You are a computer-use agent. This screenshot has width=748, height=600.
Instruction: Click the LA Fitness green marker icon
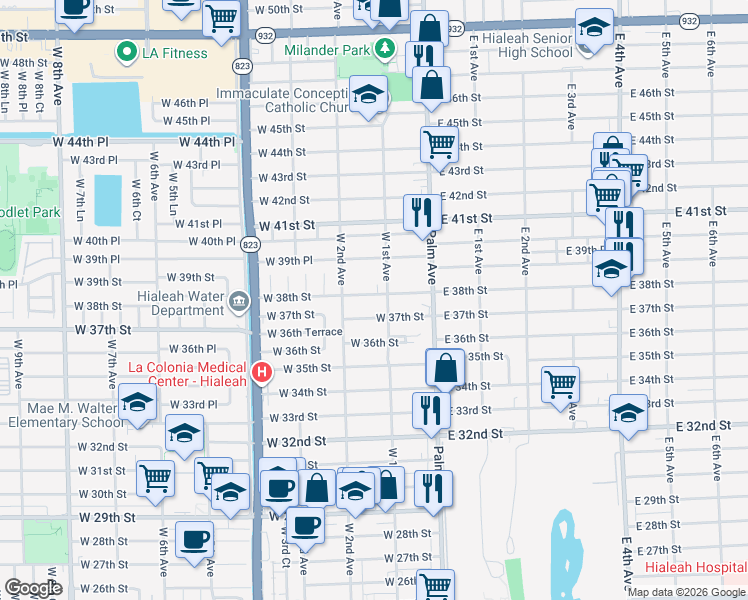tap(127, 51)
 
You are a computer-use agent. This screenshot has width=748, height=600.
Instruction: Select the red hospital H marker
tap(262, 373)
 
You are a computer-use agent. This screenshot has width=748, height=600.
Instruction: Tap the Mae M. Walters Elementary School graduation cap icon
tap(137, 405)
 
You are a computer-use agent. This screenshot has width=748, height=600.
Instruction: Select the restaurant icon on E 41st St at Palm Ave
tap(420, 212)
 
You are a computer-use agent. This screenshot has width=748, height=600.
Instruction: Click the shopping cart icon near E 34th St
tap(561, 384)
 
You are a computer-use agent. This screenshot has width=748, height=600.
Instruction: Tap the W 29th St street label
tap(109, 517)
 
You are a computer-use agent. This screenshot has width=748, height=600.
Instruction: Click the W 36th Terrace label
tap(304, 333)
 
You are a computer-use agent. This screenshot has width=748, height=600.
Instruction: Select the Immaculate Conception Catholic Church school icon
tap(370, 96)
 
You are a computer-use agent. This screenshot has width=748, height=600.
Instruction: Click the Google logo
tap(33, 588)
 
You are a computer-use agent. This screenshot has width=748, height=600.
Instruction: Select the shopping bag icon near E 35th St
tap(444, 368)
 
